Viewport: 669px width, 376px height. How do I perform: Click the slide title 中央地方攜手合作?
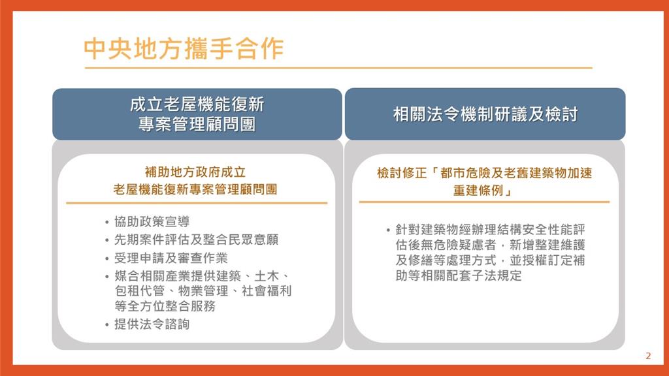[184, 48]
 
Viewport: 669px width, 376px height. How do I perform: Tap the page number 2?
[648, 356]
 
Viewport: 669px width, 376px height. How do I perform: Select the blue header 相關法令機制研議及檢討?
[485, 114]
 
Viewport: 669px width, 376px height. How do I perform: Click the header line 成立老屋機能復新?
[197, 104]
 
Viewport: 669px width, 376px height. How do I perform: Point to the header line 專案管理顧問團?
[197, 124]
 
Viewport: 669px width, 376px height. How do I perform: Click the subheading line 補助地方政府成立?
[195, 172]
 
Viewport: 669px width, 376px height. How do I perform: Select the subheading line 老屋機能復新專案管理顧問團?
[195, 189]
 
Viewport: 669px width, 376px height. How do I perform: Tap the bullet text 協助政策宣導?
[152, 222]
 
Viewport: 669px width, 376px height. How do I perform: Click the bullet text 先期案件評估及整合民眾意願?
[196, 240]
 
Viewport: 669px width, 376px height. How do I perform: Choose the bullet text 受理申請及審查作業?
[171, 258]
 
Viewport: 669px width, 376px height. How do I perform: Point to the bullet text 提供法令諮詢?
[152, 324]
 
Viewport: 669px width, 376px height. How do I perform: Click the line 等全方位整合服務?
[165, 306]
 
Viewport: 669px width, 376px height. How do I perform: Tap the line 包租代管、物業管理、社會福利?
[203, 291]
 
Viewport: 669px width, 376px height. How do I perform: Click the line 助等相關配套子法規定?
[459, 275]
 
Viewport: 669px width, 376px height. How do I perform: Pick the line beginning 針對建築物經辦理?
[490, 230]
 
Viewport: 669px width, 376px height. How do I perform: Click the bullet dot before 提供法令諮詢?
[106, 325]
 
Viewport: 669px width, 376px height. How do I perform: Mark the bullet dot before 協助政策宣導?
[106, 223]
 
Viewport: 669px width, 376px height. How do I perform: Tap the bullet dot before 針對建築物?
[388, 230]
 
